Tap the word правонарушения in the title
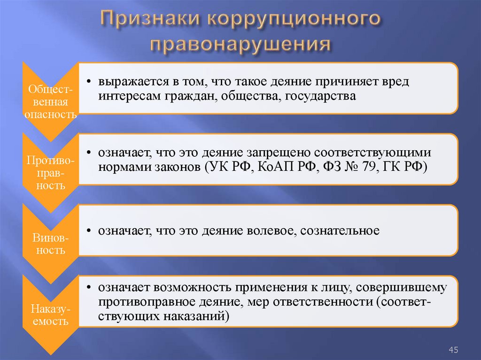coord(240,45)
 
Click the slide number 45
coord(453,349)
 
